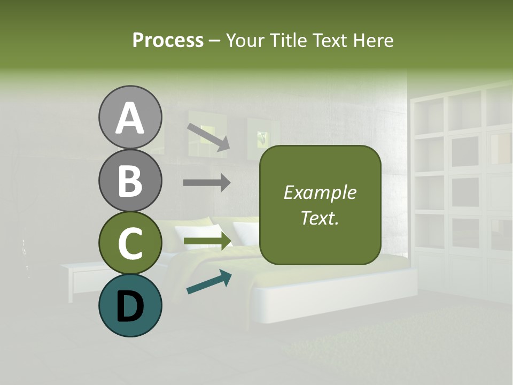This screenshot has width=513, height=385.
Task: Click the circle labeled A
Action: click(x=130, y=117)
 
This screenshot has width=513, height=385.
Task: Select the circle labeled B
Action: click(x=130, y=180)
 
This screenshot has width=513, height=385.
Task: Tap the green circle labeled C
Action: click(x=130, y=243)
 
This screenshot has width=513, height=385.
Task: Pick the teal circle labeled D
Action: click(x=130, y=305)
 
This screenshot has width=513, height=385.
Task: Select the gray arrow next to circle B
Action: click(x=207, y=182)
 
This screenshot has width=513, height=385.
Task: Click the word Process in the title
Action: click(x=168, y=41)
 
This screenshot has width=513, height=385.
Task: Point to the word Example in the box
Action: click(x=320, y=192)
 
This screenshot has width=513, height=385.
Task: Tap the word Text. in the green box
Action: click(x=320, y=218)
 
